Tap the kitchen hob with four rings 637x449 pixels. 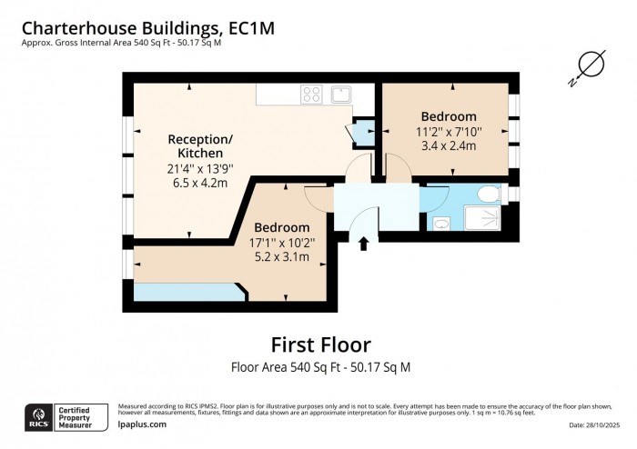[311, 94]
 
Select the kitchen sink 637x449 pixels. [342, 93]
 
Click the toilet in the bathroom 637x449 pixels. [488, 194]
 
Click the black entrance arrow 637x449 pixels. [364, 243]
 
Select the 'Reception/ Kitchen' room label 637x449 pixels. [200, 146]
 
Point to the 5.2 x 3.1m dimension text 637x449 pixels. [281, 257]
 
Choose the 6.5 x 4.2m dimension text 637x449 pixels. [197, 183]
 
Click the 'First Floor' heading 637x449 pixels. [320, 344]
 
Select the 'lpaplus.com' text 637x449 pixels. [142, 424]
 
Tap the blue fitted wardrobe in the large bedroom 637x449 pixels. [187, 291]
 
